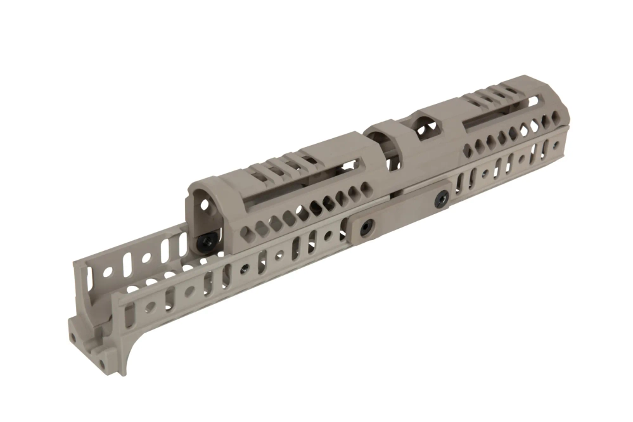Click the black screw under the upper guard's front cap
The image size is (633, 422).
[x=206, y=241]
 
